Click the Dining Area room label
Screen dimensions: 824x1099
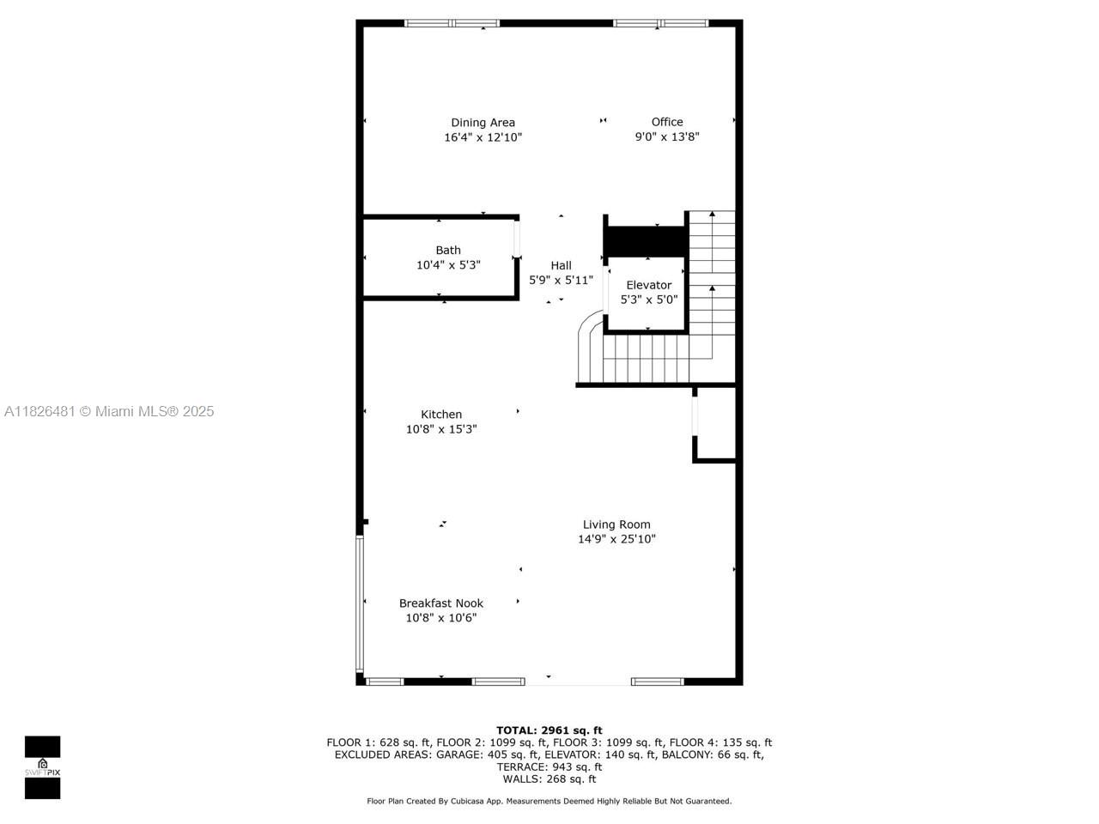483,123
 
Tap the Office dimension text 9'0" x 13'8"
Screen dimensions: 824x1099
667,136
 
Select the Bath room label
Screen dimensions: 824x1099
448,251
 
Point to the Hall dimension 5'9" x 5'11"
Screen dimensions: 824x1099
561,280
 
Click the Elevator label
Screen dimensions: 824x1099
649,285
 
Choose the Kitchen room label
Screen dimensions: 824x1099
441,415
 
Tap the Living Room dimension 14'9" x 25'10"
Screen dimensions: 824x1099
616,539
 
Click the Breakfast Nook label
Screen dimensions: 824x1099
441,603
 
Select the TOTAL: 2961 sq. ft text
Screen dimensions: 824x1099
549,730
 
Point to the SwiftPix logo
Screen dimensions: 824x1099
42,766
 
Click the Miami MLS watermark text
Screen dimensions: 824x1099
109,412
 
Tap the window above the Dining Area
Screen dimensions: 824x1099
452,23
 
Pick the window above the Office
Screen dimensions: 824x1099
660,23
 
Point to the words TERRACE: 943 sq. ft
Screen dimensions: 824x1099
549,766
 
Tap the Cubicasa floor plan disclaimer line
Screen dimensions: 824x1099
549,801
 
